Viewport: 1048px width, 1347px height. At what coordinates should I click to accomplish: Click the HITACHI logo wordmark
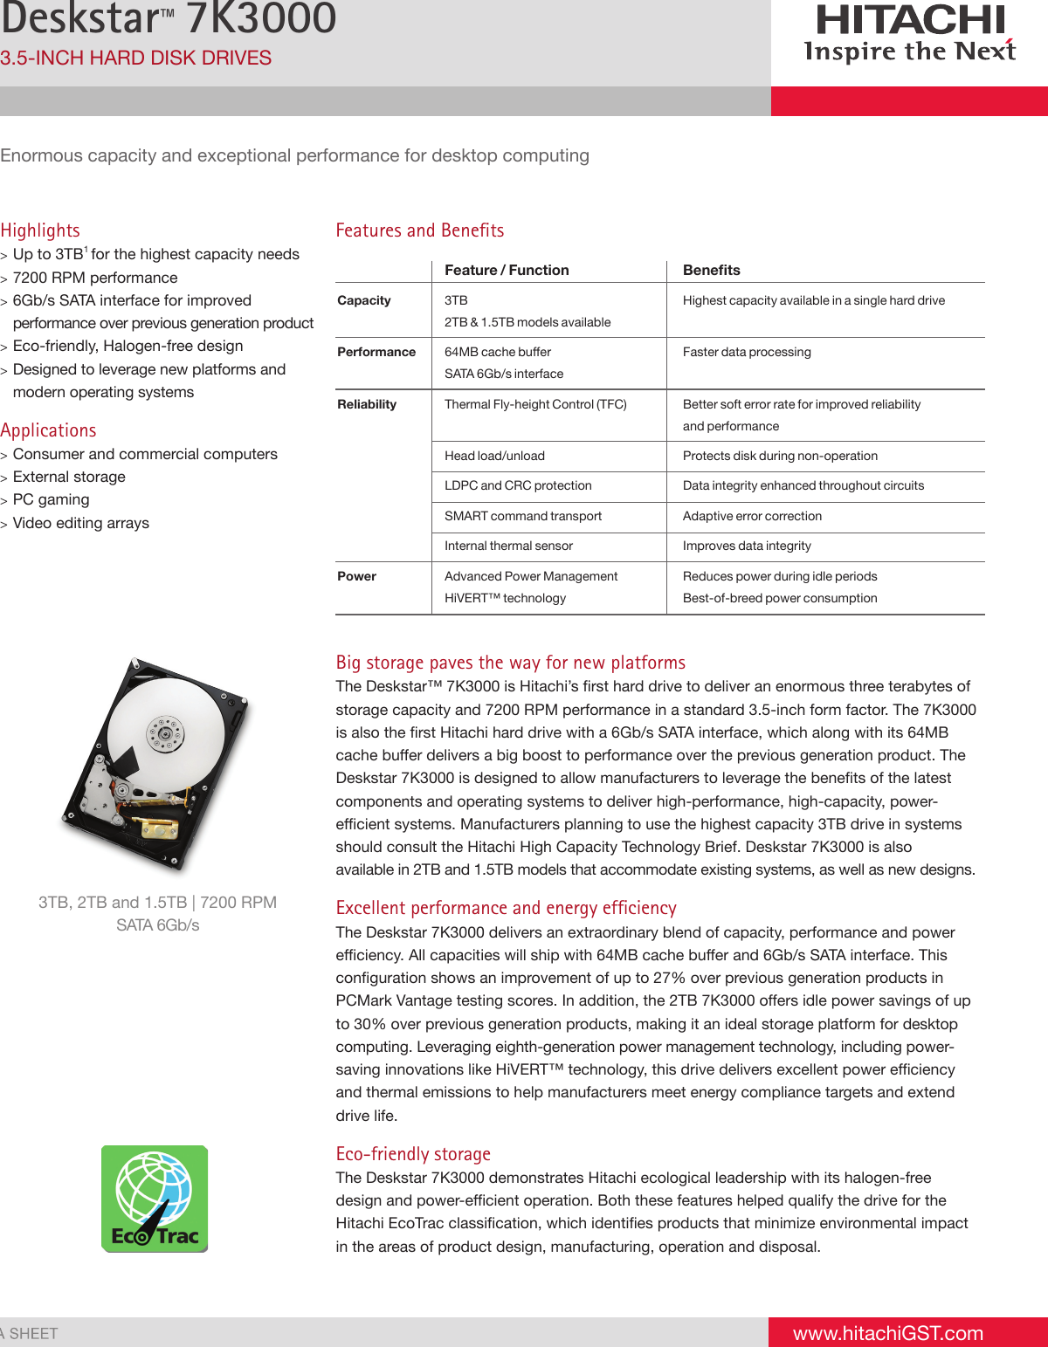click(910, 21)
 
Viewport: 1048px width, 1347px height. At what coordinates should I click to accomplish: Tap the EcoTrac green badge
click(155, 1199)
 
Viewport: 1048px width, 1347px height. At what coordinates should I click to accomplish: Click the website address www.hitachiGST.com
click(887, 1333)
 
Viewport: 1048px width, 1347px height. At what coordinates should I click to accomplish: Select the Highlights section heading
click(40, 230)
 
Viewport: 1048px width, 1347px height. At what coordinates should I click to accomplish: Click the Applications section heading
click(49, 430)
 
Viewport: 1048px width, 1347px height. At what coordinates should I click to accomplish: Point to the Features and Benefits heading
click(420, 230)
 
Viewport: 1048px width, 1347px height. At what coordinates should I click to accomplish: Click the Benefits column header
click(711, 271)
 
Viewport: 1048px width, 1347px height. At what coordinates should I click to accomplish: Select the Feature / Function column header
click(507, 271)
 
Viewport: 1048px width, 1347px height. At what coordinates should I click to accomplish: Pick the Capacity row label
click(364, 300)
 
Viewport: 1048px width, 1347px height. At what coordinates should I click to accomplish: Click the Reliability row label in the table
click(367, 404)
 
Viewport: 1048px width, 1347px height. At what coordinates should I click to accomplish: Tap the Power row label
click(357, 576)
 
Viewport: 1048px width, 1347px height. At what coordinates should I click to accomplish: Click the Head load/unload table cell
click(494, 456)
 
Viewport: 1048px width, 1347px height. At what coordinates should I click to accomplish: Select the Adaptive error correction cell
click(752, 516)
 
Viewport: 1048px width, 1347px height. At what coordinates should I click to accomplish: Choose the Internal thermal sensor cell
click(508, 546)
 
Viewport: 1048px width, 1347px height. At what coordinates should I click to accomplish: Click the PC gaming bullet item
click(51, 499)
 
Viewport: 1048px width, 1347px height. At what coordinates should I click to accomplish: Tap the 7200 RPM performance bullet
click(95, 278)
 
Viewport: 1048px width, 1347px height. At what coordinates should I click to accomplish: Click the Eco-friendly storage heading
click(413, 1154)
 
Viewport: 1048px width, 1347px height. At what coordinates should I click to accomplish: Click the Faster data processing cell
click(747, 352)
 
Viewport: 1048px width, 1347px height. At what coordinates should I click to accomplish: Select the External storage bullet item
click(69, 477)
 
